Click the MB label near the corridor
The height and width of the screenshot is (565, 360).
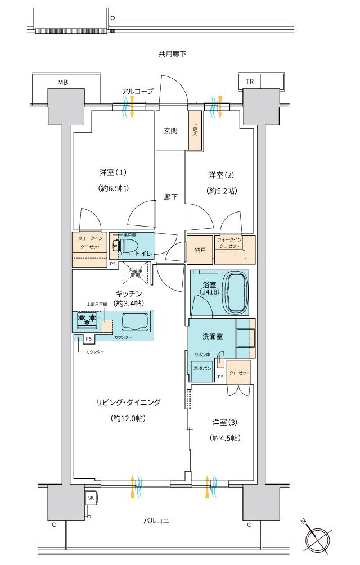[x=62, y=82]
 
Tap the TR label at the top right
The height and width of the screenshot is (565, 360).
[x=249, y=82]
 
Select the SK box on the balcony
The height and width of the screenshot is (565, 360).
[x=91, y=498]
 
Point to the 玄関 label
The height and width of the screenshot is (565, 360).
[x=171, y=130]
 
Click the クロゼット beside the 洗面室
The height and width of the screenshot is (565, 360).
[x=240, y=374]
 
